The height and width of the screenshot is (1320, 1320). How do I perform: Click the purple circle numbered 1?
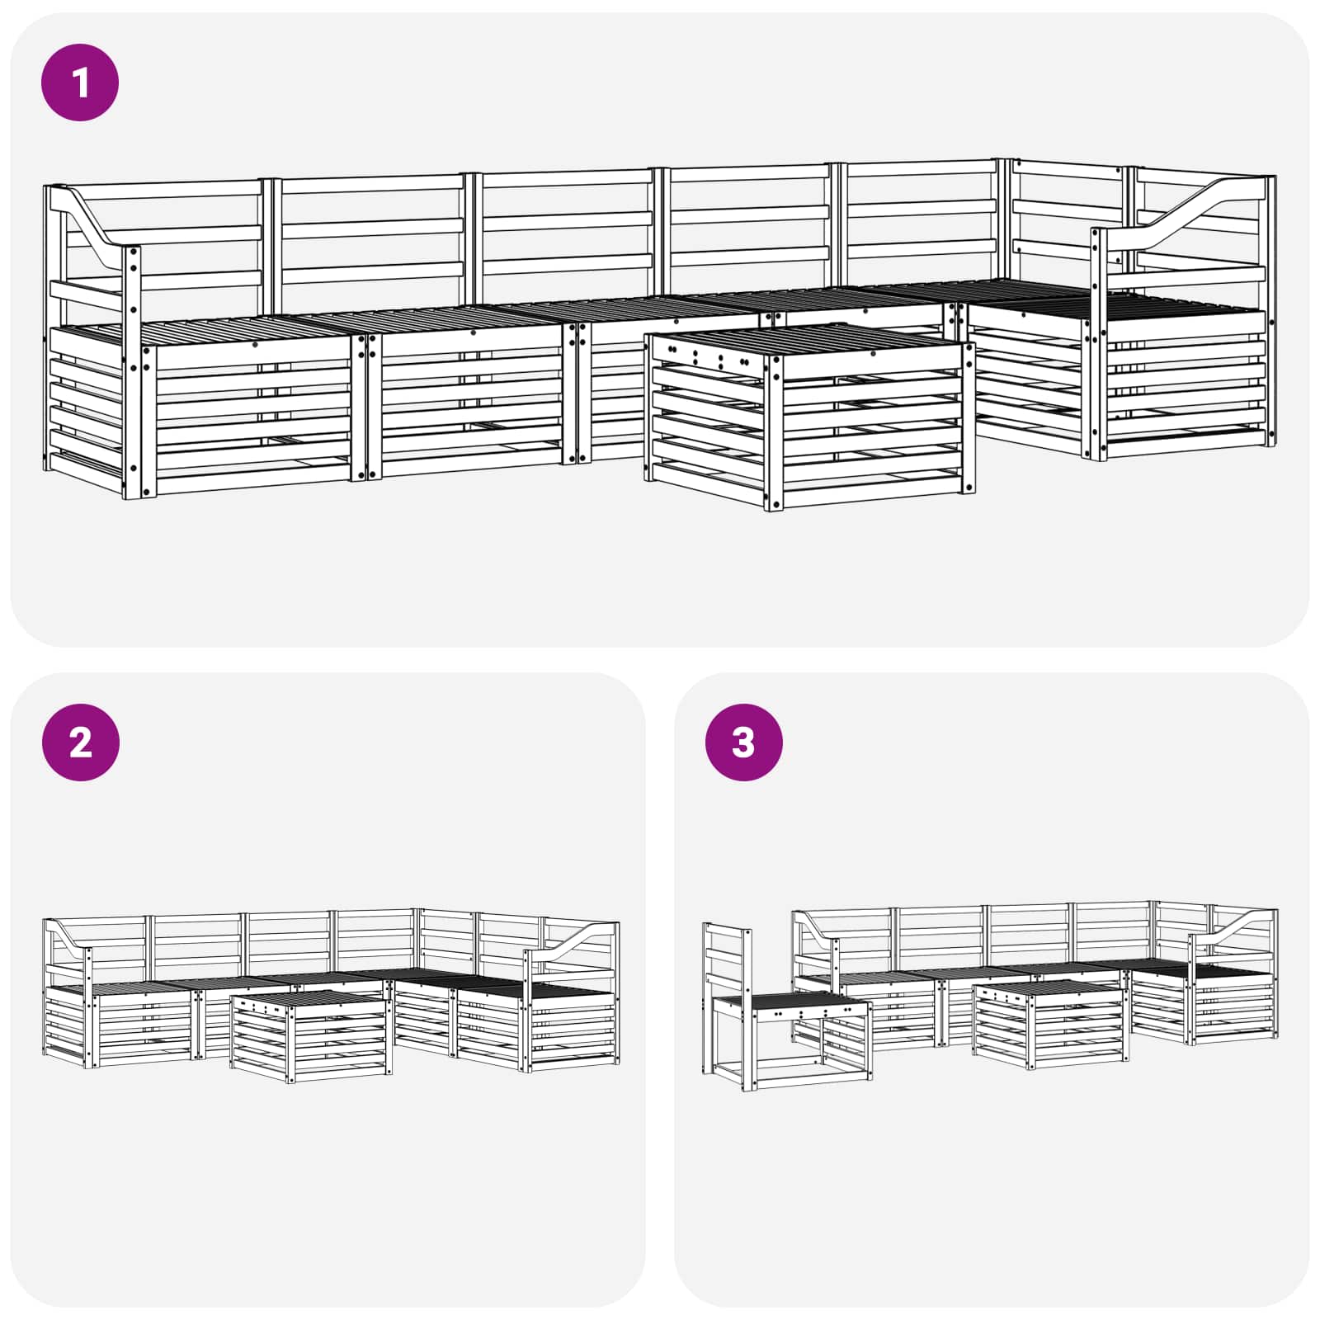[x=80, y=82]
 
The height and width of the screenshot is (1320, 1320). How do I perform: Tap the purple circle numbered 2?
[x=80, y=742]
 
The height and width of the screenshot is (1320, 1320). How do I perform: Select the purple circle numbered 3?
[x=743, y=742]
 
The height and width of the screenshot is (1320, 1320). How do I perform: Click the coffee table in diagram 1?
[x=809, y=417]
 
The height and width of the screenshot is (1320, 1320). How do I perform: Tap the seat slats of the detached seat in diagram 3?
[x=790, y=1005]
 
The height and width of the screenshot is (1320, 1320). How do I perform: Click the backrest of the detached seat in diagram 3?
[x=727, y=960]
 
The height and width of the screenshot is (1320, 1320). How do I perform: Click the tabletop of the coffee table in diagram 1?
[x=810, y=342]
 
